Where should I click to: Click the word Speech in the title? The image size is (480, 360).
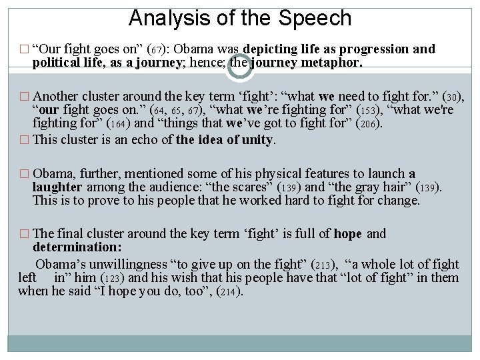(319, 18)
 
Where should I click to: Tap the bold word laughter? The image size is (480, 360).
(57, 187)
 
